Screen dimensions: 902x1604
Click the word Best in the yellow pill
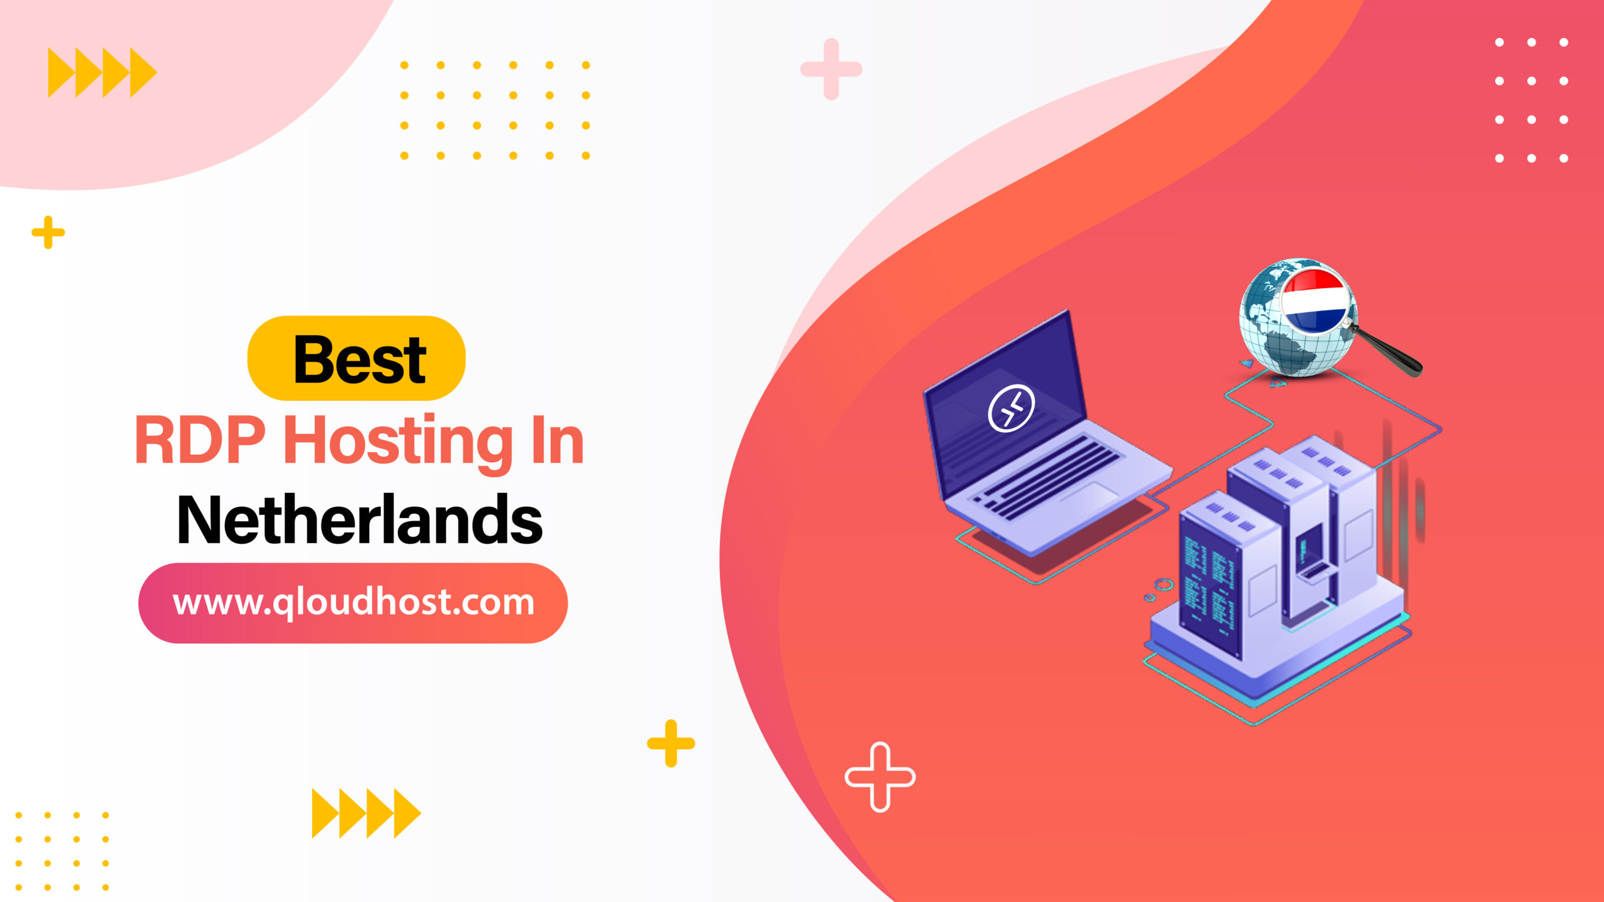[360, 360]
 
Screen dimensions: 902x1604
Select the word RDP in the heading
[200, 441]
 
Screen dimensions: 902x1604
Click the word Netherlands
[360, 520]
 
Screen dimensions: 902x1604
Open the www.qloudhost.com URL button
[353, 603]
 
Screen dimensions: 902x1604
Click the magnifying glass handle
[1391, 355]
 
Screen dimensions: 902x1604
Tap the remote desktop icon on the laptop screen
[1011, 408]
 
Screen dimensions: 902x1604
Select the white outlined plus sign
[880, 777]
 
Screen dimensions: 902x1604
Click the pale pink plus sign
[831, 69]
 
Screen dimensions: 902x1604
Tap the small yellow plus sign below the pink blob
[48, 233]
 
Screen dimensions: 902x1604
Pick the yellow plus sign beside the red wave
[671, 744]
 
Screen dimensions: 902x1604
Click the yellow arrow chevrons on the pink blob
[102, 73]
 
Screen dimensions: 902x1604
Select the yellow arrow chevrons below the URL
[367, 813]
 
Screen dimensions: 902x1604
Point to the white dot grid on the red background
[1531, 100]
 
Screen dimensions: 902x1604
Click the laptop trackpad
[1090, 494]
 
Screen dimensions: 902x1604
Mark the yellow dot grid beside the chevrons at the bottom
[62, 851]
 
